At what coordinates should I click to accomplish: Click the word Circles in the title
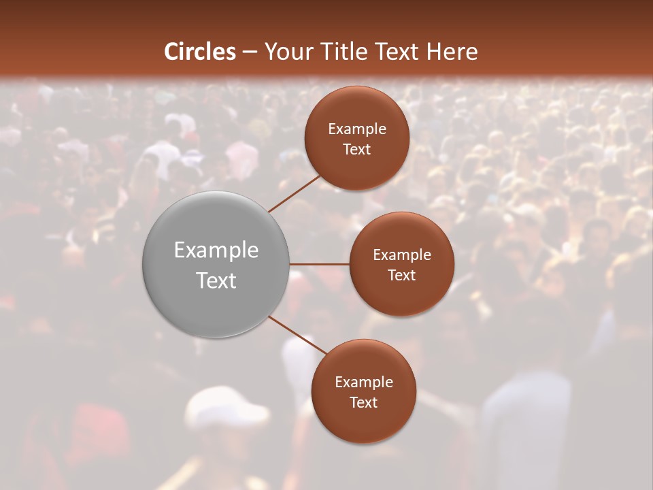point(200,52)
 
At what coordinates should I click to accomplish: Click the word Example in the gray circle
point(216,250)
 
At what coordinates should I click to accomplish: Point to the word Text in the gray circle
point(216,280)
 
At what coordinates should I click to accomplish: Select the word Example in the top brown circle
point(357,129)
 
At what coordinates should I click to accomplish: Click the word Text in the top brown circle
point(357,150)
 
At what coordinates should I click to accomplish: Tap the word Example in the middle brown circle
point(402,255)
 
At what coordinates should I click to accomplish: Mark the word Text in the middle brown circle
point(402,276)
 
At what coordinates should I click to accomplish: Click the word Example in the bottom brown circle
point(364,382)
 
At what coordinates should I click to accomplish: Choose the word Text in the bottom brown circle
point(364,403)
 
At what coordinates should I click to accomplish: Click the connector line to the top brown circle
point(295,193)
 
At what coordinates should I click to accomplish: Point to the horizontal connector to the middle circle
point(320,264)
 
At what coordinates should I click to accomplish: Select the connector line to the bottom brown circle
point(298,336)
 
